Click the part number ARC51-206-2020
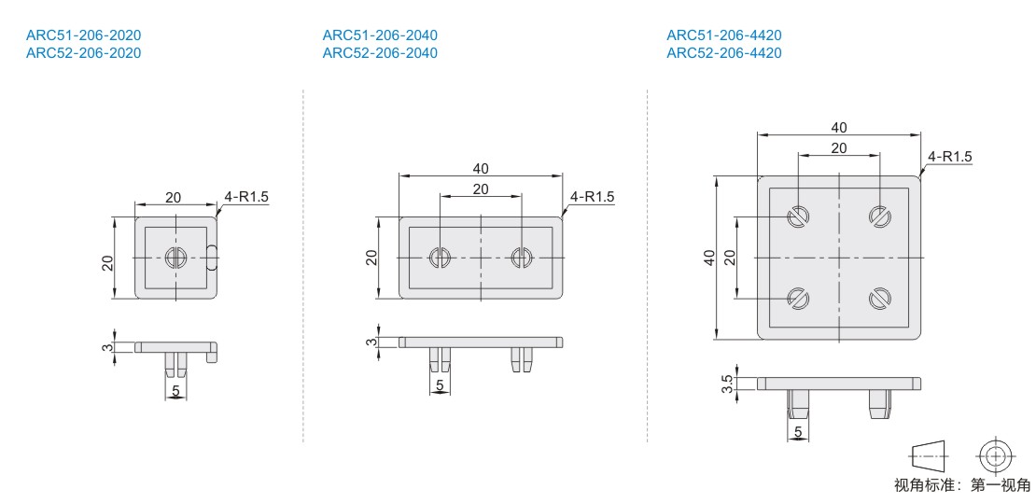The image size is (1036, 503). [83, 35]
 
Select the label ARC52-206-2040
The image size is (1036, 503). [380, 53]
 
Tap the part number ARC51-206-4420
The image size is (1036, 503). [724, 35]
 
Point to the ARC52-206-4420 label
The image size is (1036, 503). [724, 53]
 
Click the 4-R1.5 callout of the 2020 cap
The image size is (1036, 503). [247, 196]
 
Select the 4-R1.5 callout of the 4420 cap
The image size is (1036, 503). [950, 157]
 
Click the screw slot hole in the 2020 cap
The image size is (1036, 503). [175, 258]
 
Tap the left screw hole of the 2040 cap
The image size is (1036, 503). [440, 258]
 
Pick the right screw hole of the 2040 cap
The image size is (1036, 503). [522, 258]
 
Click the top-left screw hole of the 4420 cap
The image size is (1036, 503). [798, 217]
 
